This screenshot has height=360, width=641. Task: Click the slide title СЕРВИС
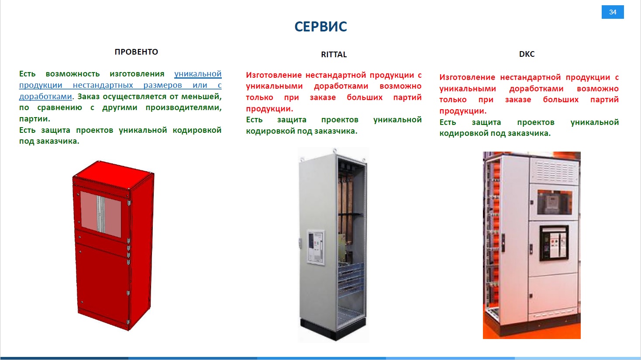tap(320, 26)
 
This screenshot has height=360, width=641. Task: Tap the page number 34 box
tap(612, 12)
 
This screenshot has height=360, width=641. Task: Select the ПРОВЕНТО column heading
tap(136, 52)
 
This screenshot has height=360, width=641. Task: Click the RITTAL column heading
tap(334, 55)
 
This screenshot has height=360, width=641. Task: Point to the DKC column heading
tap(527, 54)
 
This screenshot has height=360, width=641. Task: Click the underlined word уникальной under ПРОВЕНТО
tap(198, 74)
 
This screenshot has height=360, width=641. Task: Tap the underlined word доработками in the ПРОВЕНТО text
tap(45, 97)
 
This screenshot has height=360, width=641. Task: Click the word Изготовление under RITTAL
tap(274, 75)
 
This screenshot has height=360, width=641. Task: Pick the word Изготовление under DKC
tap(467, 77)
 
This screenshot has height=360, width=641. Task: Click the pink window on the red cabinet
tap(100, 214)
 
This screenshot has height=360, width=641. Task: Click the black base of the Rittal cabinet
tap(333, 329)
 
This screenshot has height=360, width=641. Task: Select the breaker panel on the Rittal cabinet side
tap(316, 247)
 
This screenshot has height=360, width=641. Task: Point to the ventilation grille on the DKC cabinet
tap(555, 171)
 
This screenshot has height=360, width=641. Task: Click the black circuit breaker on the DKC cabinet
tap(554, 243)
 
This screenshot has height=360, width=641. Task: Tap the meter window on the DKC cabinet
tap(554, 202)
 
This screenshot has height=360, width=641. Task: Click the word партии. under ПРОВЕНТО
tap(34, 119)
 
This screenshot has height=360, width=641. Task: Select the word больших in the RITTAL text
tap(365, 97)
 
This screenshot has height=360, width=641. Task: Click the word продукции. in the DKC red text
tap(463, 111)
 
